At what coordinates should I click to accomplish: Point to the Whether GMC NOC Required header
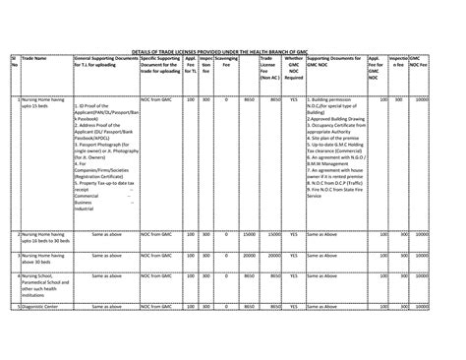pos(292,69)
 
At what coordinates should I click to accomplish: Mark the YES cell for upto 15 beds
pos(292,99)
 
